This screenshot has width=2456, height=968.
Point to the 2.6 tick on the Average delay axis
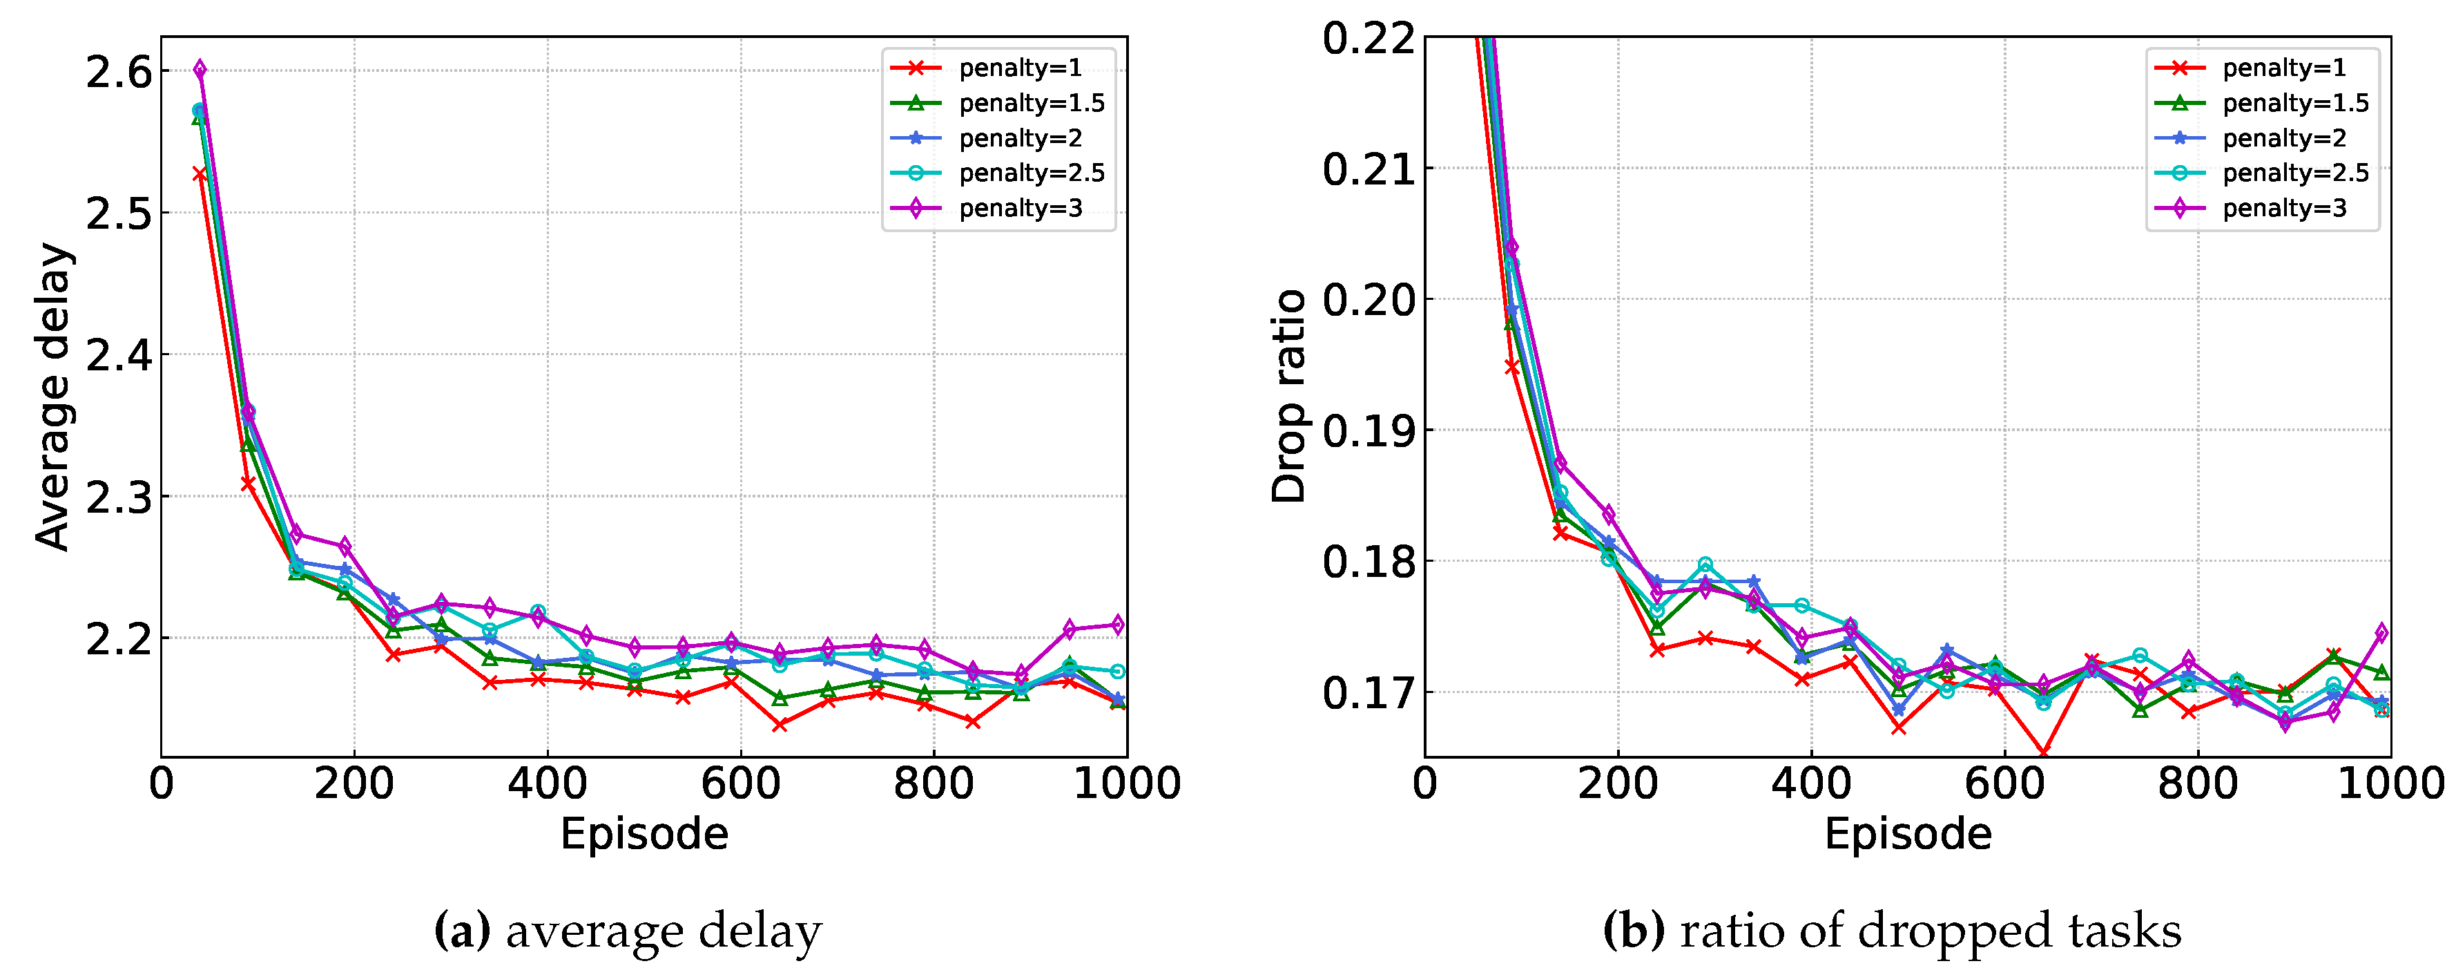coord(119,73)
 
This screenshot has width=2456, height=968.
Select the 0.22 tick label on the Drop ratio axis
coord(1368,40)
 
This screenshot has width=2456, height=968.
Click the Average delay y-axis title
coord(52,397)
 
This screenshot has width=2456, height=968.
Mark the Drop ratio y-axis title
coord(1289,397)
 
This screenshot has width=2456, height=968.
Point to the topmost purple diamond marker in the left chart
coord(200,68)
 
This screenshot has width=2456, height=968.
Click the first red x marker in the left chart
coord(200,173)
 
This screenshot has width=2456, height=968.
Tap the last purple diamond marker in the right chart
coord(2381,632)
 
